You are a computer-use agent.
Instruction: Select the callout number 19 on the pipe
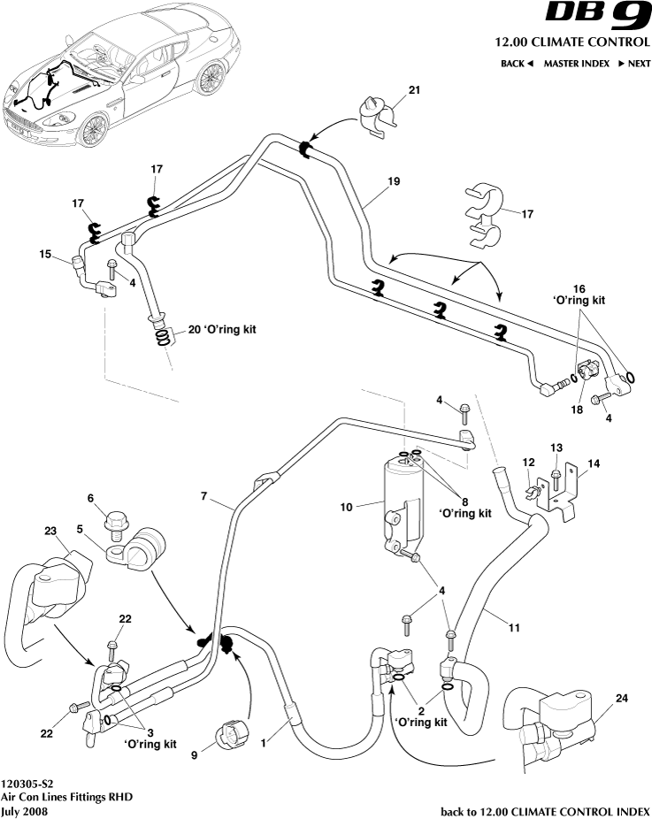394,180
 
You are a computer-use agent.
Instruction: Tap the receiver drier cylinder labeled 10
400,504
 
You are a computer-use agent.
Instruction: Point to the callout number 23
50,532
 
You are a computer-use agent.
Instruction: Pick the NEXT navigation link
633,64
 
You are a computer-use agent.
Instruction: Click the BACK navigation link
518,64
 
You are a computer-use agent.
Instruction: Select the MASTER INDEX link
576,64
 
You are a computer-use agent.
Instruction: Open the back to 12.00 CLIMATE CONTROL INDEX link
544,810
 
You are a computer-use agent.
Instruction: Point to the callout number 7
205,497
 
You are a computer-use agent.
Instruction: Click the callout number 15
45,254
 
